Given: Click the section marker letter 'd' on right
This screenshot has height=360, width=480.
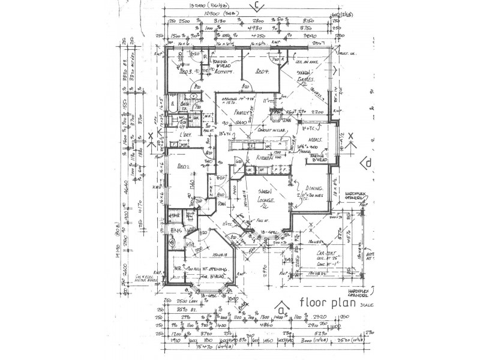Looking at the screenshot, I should (x=368, y=162).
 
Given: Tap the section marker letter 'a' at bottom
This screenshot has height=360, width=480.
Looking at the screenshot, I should (x=280, y=308).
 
